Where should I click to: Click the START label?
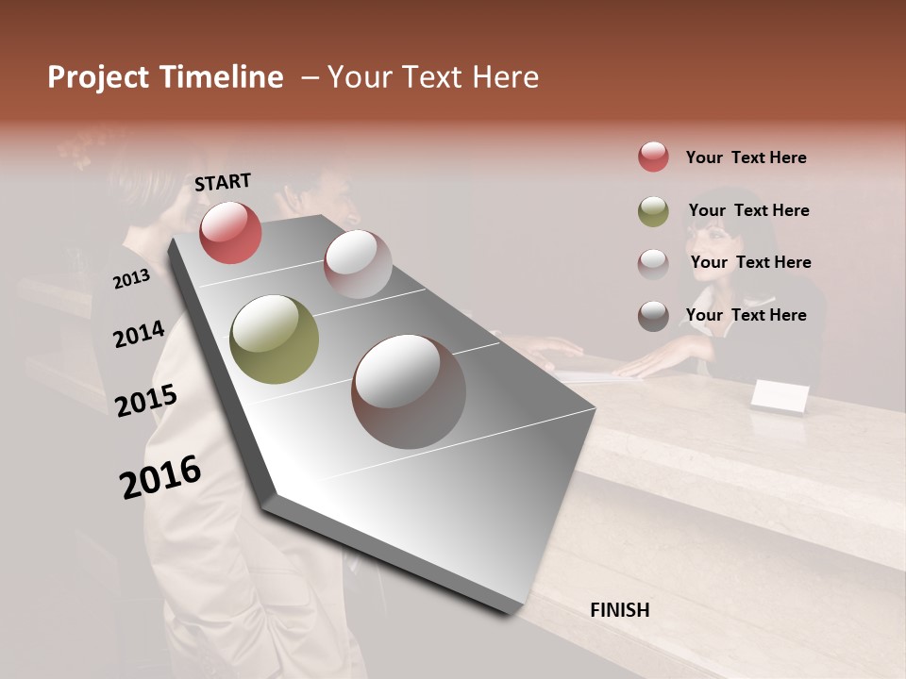[223, 182]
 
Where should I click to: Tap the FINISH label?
[619, 610]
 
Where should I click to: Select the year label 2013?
[131, 279]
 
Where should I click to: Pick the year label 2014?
[139, 335]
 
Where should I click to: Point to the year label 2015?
[146, 401]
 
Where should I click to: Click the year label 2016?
[160, 476]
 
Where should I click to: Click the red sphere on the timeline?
[230, 232]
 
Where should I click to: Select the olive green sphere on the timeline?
[274, 339]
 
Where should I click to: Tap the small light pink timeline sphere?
[358, 264]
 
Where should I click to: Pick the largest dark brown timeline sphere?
[409, 391]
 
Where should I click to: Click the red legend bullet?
[653, 157]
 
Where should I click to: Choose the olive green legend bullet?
[653, 210]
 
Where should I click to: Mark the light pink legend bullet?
[653, 263]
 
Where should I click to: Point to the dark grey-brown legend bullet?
[653, 315]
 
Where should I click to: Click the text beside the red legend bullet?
[746, 157]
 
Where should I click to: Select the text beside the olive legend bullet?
[748, 210]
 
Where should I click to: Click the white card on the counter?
[780, 397]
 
